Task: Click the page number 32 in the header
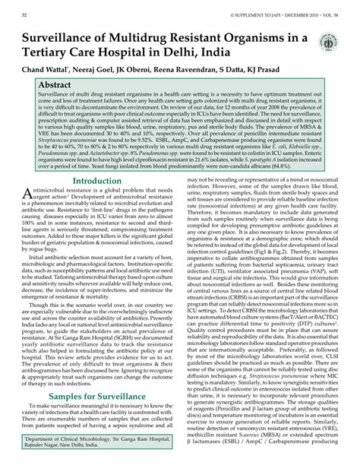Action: tap(26, 14)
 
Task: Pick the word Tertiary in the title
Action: tap(54, 53)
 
